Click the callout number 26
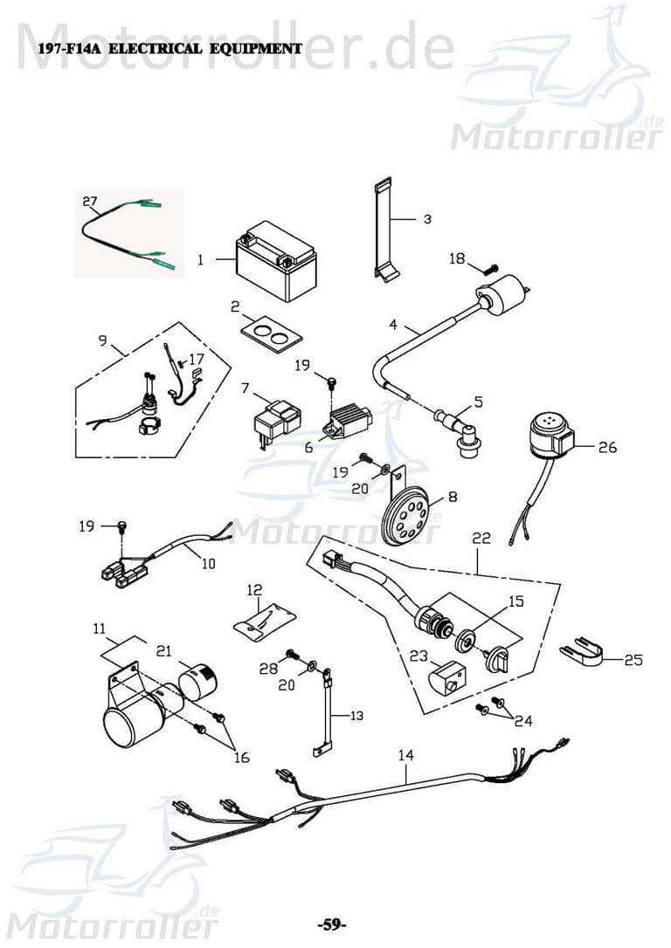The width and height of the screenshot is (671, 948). point(607,448)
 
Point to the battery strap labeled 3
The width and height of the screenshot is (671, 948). point(384,230)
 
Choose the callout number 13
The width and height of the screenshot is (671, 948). point(356,716)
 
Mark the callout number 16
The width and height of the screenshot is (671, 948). point(241,757)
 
